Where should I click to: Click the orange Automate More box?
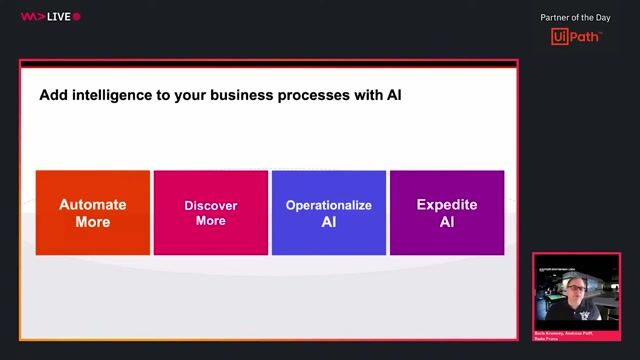coord(93,212)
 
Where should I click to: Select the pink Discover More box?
coord(211,212)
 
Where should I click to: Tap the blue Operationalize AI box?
coord(328,212)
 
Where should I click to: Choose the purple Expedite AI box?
coord(446,212)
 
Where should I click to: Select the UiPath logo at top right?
coord(576,37)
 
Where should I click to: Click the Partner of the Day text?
coord(576,17)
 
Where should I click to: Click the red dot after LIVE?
coord(77,17)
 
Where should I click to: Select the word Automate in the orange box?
coord(93,204)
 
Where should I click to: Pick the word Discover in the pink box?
coord(211,205)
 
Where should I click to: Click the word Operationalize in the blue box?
coord(328,205)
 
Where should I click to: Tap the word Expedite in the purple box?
coord(446,204)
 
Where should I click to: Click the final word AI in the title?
coord(393,96)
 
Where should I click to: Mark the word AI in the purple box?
coord(446,221)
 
